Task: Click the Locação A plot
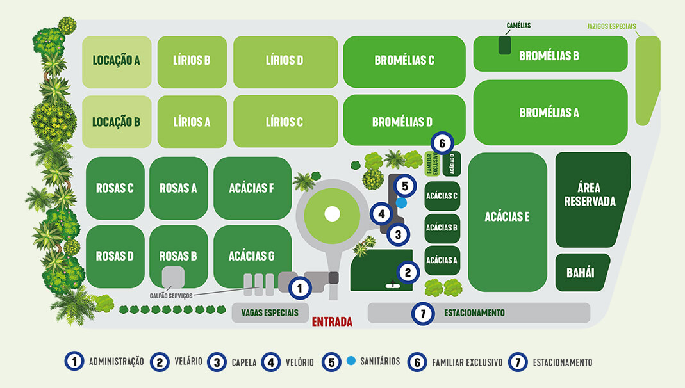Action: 117,61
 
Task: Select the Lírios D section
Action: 285,61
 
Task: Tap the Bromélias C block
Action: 404,61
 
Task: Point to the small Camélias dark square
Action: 505,45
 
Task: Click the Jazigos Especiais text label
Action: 611,27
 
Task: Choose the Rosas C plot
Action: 115,188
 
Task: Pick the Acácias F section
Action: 252,188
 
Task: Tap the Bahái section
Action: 581,273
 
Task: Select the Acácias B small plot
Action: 442,227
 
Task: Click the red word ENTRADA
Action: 332,322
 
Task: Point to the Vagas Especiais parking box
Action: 270,313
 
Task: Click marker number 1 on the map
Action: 299,288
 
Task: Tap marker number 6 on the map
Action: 442,141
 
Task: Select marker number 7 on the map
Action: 422,313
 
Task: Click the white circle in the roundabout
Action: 332,214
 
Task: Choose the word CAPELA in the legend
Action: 244,362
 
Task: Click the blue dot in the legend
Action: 351,361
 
